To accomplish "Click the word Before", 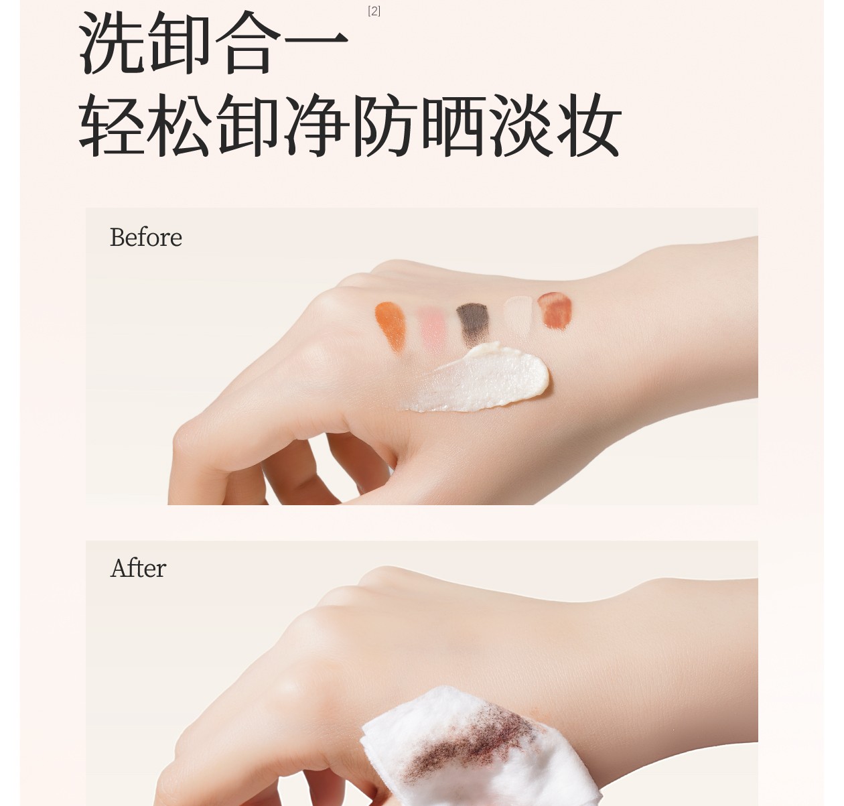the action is [x=146, y=237].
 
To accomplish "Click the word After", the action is [x=138, y=568].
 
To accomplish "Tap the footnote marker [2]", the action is [x=374, y=11].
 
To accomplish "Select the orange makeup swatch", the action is [x=391, y=326].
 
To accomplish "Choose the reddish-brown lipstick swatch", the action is [x=554, y=310].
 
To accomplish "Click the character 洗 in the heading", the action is [x=112, y=42].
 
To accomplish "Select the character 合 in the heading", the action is [x=248, y=42].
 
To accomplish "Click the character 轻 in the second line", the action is [x=112, y=125].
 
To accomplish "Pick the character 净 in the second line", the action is [x=316, y=125].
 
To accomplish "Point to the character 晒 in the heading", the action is [x=452, y=125].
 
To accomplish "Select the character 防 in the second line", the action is [x=383, y=125].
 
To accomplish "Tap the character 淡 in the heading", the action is [x=520, y=125].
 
